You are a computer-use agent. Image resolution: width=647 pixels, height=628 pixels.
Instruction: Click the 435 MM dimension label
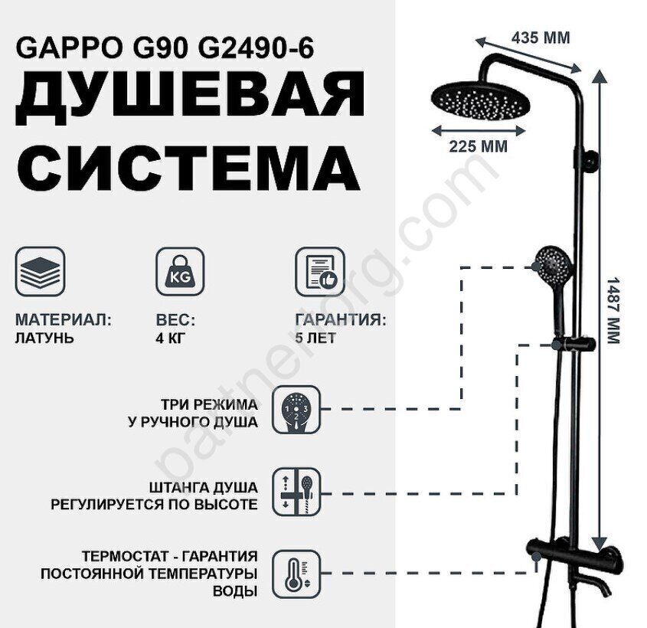point(541,38)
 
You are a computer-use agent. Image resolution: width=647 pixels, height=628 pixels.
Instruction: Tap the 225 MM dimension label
point(479,146)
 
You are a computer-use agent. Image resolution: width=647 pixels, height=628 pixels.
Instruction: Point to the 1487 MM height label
point(614,310)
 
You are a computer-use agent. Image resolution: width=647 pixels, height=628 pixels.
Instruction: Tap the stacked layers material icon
point(40,272)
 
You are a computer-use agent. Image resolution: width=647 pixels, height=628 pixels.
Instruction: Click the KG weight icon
point(180,272)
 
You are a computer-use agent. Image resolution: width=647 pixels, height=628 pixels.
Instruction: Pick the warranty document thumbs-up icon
point(320,272)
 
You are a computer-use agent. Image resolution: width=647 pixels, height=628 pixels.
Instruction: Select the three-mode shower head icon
point(296,410)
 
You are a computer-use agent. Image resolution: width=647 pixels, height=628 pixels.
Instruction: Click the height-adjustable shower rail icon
point(296,492)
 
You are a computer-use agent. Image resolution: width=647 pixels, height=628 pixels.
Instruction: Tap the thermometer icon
point(296,574)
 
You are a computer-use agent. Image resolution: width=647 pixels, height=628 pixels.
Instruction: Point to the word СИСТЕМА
point(188,167)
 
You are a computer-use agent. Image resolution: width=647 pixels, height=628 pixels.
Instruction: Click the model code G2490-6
point(256,47)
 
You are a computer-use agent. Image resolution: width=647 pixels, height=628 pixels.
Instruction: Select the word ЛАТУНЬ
point(44,338)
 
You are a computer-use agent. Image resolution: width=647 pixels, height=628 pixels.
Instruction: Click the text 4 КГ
point(171,338)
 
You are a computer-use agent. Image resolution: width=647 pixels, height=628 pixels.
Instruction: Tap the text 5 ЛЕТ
point(315,338)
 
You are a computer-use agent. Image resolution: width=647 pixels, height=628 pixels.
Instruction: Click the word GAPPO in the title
point(70,47)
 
